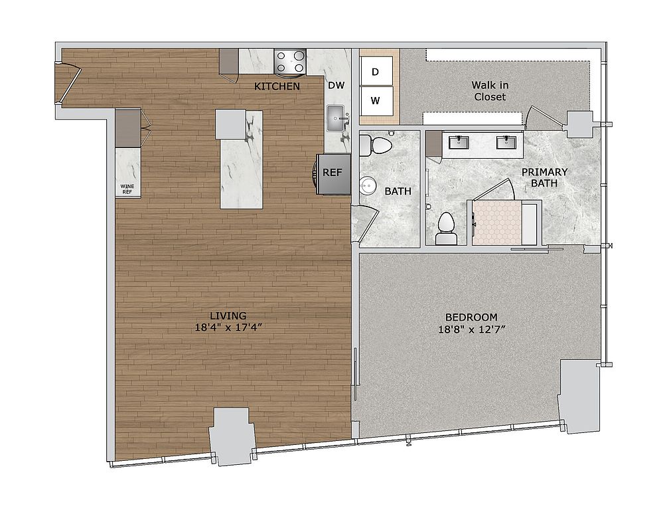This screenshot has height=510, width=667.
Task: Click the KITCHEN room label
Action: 277,86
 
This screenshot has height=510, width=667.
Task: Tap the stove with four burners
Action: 290,61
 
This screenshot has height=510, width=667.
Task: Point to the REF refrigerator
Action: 333,174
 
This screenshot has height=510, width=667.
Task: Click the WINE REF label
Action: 127,189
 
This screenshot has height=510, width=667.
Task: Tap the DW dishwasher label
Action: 336,85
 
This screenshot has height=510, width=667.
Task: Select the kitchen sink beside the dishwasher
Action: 337,119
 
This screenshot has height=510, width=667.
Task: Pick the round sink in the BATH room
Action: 367,186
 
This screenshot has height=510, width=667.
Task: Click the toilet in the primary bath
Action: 446,228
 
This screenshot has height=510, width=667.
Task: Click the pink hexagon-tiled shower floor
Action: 497,222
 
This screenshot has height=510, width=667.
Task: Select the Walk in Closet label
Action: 490,91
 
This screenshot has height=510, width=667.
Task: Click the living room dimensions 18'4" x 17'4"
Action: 228,327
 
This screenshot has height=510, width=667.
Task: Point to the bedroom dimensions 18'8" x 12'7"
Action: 471,329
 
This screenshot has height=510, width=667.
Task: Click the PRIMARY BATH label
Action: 544,177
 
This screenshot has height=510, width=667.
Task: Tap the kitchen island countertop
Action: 241,159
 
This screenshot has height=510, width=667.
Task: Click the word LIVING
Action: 228,316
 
